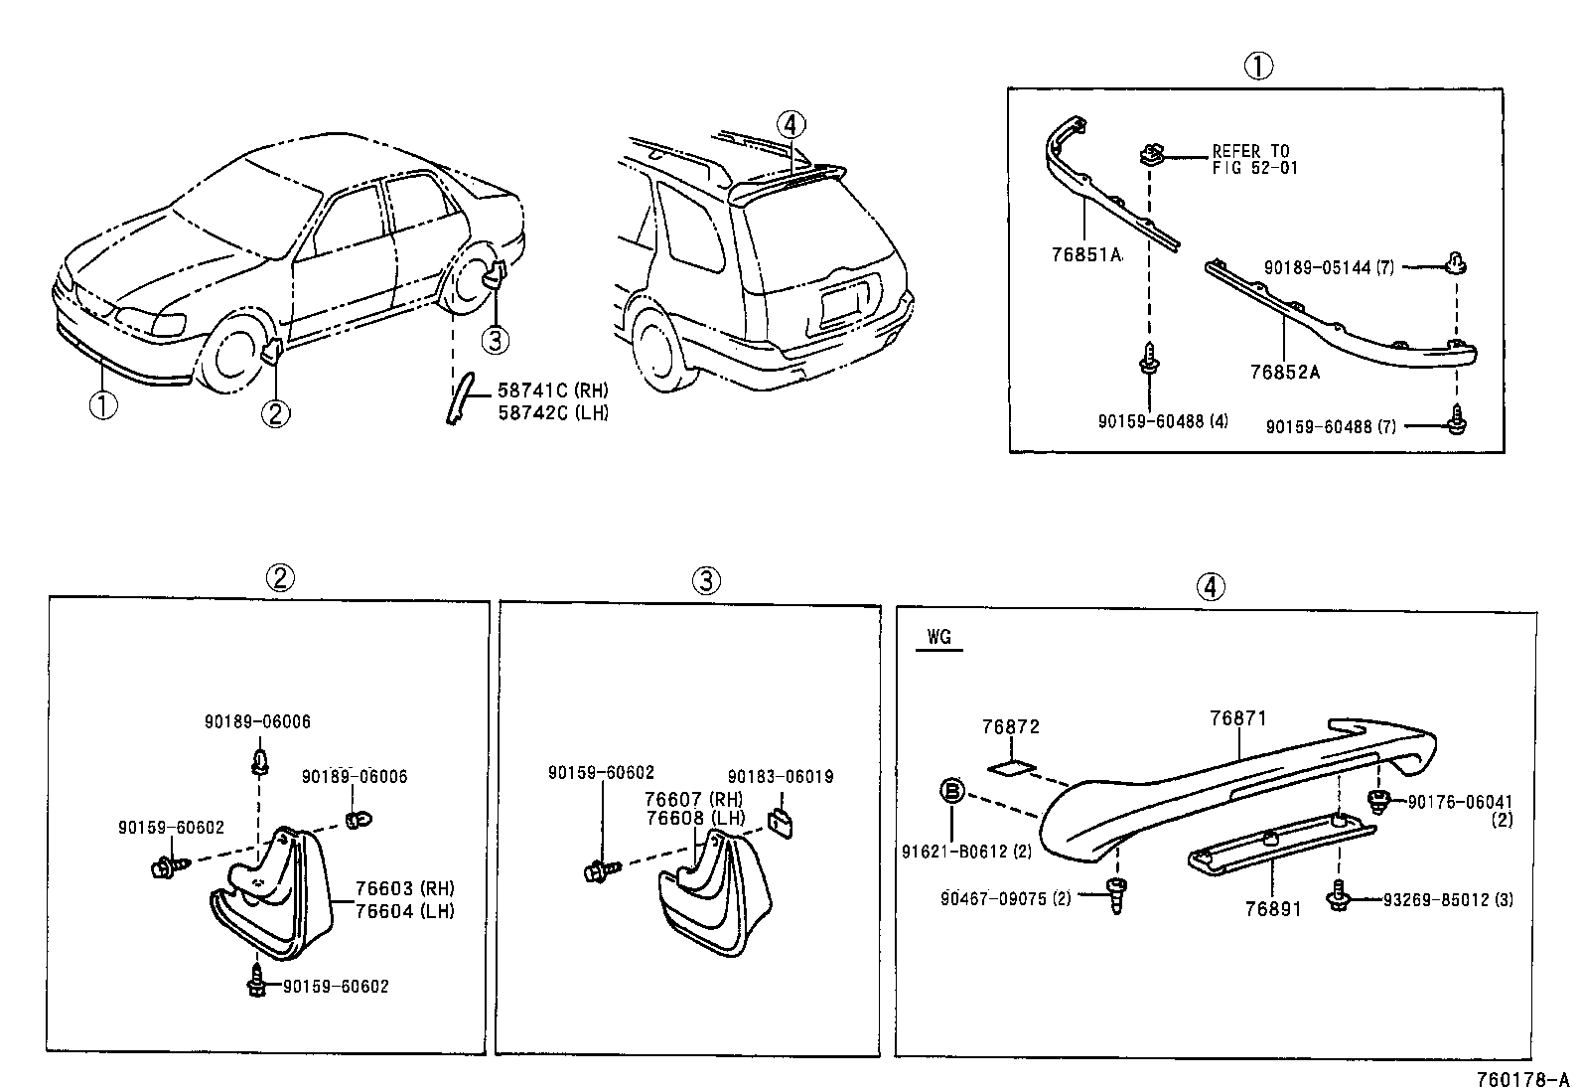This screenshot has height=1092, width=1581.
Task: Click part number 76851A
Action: pos(1086,254)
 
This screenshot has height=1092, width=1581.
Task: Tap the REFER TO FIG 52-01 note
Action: pos(1253,160)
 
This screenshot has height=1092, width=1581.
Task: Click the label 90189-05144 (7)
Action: pos(1330,267)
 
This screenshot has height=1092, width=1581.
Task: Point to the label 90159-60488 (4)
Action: pos(1163,420)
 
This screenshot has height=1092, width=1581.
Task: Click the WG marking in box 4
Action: pos(938,637)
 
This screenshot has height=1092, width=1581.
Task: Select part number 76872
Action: pos(1010,726)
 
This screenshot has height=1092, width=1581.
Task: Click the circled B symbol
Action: pos(951,791)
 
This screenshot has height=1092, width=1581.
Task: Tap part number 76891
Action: pos(1272,908)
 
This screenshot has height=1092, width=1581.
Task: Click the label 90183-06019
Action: pos(780,777)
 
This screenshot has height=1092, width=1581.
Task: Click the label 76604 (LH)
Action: pos(405,911)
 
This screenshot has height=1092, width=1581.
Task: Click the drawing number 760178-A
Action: pos(1522,1079)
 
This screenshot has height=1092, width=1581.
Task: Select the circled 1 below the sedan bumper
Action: pos(102,406)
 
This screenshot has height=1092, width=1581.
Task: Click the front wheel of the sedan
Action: pos(233,357)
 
